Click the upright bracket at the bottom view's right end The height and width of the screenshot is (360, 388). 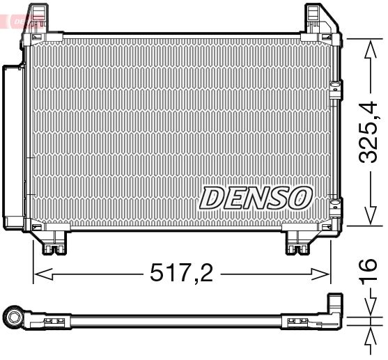click(335, 311)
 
